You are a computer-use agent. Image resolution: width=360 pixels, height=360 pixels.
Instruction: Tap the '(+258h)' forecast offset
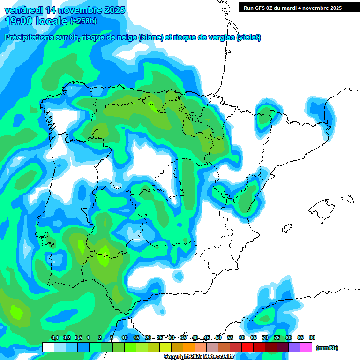click(83, 21)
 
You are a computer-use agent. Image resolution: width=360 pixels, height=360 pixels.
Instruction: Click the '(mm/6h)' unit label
click(327, 348)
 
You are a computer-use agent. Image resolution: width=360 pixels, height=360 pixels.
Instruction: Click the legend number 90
click(312, 337)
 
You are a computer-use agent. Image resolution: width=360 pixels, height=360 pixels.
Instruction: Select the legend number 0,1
click(54, 337)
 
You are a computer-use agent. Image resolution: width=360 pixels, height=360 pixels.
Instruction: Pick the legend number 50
click(218, 337)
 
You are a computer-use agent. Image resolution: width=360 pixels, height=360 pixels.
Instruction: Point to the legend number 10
click(125, 337)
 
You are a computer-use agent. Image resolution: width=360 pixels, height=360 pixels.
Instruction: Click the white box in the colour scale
click(48, 347)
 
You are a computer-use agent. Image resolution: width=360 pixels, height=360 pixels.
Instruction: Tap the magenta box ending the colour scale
click(306, 347)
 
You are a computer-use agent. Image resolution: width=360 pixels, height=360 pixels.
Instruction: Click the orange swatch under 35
click(189, 347)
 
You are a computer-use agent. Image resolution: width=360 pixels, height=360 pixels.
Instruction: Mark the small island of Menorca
click(347, 199)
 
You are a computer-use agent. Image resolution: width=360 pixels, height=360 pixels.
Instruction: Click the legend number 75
click(277, 337)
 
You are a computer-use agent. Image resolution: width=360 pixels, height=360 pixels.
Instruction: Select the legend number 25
click(160, 337)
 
